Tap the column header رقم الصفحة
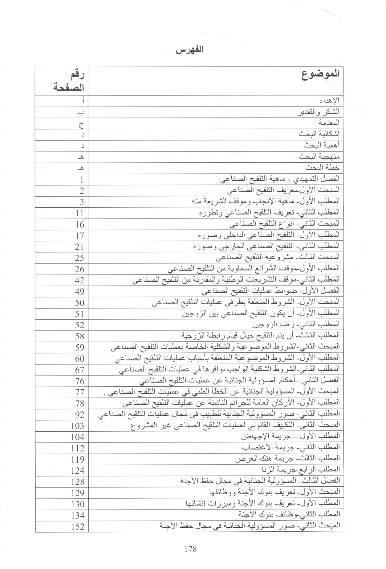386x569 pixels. tap(69, 81)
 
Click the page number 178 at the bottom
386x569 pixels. tap(190, 549)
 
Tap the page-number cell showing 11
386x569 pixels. tap(79, 213)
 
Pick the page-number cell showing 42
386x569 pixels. tap(79, 280)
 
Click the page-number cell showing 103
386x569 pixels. tap(77, 426)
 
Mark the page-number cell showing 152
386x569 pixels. tap(77, 526)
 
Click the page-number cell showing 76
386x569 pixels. tap(79, 381)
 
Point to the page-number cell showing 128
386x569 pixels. tap(77, 482)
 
